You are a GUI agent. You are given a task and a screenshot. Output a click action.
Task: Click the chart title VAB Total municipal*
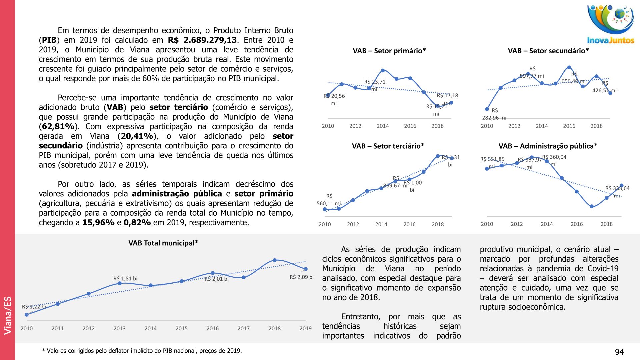tap(163, 243)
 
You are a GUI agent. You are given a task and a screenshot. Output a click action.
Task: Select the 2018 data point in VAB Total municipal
tap(275, 260)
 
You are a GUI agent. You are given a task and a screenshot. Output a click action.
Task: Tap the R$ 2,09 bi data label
tap(301, 277)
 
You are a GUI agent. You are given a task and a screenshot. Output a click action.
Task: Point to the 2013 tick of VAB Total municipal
tap(119, 328)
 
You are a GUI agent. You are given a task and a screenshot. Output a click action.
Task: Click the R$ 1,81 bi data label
tap(125, 278)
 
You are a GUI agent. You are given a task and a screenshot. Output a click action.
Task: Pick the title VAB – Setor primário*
tap(389, 51)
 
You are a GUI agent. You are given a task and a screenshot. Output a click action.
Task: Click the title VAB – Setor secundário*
tap(548, 51)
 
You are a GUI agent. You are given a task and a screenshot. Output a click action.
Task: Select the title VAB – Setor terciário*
tap(388, 146)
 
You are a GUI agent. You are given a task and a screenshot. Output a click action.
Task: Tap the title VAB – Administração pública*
tap(548, 146)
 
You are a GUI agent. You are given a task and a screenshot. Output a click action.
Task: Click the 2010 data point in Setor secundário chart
tap(487, 109)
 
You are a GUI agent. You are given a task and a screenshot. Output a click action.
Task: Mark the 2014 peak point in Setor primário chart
tap(383, 70)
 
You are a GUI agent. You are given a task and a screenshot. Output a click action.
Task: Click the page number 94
tap(619, 352)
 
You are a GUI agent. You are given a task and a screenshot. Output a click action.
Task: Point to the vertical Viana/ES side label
tap(8, 315)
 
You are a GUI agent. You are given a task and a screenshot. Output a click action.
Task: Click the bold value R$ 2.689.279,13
tap(202, 40)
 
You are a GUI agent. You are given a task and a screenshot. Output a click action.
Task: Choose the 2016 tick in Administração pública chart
tap(577, 224)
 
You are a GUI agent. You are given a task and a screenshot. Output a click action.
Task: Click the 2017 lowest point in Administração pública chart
tap(592, 206)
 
